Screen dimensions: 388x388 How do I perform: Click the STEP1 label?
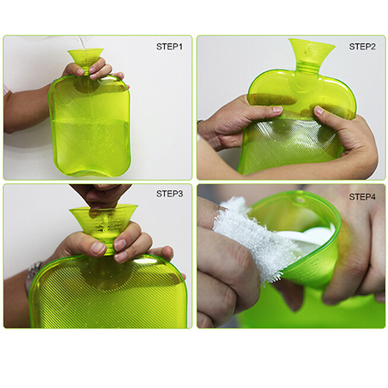(169, 47)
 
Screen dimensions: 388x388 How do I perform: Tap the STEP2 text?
(362, 47)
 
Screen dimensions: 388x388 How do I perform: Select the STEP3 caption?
(169, 194)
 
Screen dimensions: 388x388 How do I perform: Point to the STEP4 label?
(362, 197)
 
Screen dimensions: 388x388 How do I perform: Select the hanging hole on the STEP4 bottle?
(299, 199)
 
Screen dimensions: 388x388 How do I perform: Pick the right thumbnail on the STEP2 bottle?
(319, 111)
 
